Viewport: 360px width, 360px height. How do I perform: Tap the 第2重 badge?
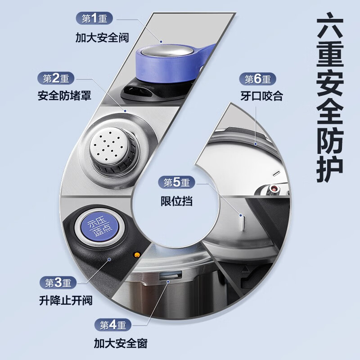tap(56, 79)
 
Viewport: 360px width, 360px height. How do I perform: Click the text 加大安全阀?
tap(102, 37)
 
